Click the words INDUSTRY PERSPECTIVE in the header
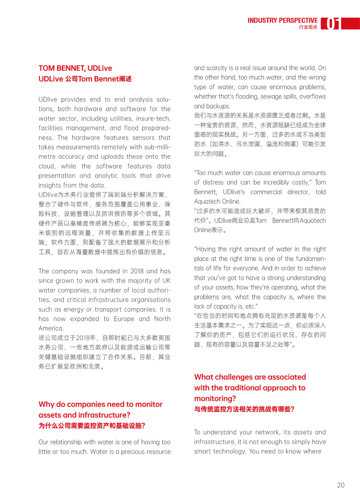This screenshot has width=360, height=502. (x=282, y=21)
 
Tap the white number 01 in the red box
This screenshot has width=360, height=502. (x=332, y=24)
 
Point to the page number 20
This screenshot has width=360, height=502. (x=341, y=485)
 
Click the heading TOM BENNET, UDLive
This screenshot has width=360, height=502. (x=75, y=68)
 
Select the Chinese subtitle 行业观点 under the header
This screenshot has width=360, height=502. (x=308, y=27)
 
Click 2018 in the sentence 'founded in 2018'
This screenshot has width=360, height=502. (x=137, y=271)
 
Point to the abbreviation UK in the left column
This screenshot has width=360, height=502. (x=166, y=280)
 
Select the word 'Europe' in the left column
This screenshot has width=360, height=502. (x=124, y=319)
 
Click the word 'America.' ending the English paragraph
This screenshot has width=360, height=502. (x=51, y=328)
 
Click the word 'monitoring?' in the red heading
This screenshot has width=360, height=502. (x=215, y=399)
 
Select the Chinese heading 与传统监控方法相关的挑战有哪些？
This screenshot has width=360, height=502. (x=244, y=409)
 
